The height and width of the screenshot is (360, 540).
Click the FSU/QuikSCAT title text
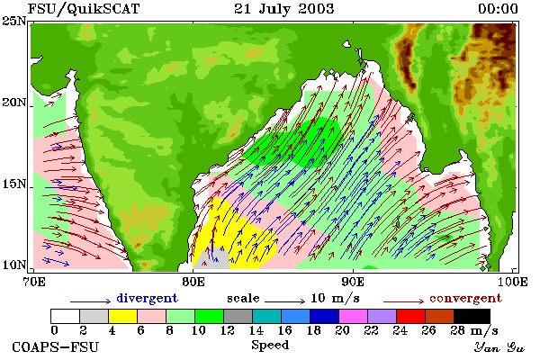click(x=84, y=9)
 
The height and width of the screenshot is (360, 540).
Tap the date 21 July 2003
click(x=284, y=9)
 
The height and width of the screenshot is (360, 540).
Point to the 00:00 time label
click(x=498, y=9)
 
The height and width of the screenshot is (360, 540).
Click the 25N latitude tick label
click(x=14, y=21)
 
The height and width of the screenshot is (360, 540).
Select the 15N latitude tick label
click(x=14, y=184)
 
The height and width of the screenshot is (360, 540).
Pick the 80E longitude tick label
click(x=193, y=282)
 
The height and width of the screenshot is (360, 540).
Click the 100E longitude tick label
click(x=512, y=282)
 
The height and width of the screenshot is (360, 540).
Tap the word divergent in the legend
click(x=147, y=298)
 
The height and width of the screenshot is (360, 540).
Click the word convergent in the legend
click(x=465, y=298)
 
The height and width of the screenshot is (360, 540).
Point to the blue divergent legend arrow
click(x=91, y=301)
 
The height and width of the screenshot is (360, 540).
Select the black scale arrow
click(x=284, y=301)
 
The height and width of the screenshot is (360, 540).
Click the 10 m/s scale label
click(x=335, y=298)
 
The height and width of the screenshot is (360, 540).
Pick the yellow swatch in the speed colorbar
click(x=122, y=316)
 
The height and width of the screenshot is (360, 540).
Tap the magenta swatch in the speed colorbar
click(x=353, y=316)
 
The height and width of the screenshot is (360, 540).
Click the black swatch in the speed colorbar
click(x=472, y=316)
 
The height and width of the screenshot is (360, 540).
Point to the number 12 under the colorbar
click(x=228, y=330)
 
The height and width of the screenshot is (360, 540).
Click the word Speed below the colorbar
click(x=270, y=346)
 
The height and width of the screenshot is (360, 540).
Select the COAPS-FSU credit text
click(x=56, y=346)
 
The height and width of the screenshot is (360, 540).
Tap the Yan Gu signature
click(x=499, y=347)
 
